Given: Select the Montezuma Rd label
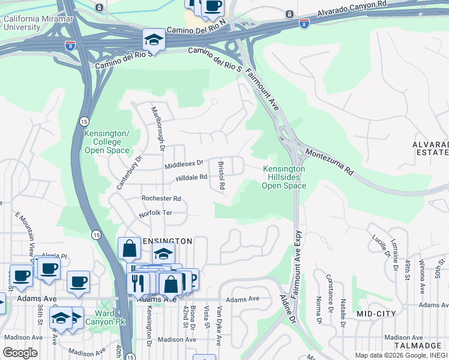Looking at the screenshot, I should click(330, 161).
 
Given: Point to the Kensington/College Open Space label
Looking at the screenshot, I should click(106, 142).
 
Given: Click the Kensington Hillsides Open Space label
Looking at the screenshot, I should click(284, 178).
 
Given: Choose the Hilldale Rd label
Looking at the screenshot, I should click(191, 178).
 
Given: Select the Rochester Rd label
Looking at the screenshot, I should click(161, 199).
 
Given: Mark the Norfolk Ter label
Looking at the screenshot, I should click(155, 213).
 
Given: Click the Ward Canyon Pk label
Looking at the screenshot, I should click(110, 318).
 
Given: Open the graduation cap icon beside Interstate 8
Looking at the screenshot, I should click(154, 40).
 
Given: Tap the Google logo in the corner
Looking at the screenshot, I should click(20, 353).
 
